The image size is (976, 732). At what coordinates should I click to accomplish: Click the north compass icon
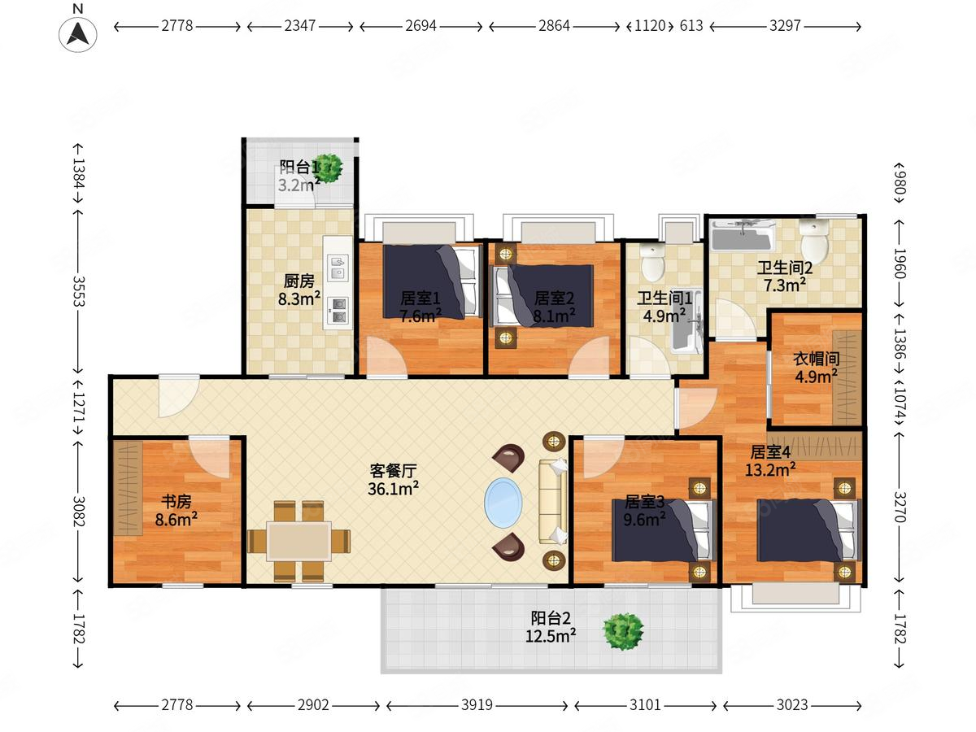coord(78,34)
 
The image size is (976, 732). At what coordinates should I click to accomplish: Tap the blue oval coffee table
coord(503,503)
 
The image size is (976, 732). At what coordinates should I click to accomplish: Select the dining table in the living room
coord(298,541)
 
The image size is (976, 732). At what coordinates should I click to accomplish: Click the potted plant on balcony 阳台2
coord(623,631)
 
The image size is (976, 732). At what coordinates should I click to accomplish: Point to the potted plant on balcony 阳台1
coord(328,168)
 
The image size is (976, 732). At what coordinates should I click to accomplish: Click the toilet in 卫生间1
coord(653,262)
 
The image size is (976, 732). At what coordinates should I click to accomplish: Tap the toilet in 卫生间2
coord(813,241)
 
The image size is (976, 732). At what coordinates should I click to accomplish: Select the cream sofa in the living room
coord(553,502)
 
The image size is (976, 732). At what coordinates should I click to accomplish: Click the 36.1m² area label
coord(393,489)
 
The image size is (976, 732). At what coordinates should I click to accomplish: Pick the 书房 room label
coord(176,501)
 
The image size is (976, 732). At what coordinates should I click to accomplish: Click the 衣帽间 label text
coord(817,359)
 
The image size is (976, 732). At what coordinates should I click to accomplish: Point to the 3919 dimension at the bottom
coord(477,705)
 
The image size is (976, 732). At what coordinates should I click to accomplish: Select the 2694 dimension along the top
coord(420,26)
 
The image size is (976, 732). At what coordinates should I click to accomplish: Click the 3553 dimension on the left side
coord(79,291)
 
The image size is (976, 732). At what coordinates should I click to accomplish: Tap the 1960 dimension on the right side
coord(900,263)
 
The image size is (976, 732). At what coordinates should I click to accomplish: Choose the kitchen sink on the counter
coord(338,268)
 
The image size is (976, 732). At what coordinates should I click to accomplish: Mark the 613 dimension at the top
coord(691,26)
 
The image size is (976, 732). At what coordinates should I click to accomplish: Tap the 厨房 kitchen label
coord(298,281)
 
